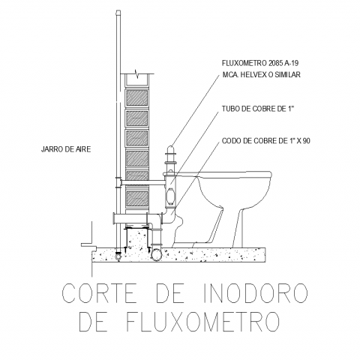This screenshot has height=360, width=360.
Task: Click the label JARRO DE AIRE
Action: pos(66,149)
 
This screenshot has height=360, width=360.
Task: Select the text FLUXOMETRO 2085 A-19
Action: pos(260,63)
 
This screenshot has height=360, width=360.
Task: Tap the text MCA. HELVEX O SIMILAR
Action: pos(261,74)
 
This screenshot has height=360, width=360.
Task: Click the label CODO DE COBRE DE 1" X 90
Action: pos(266,141)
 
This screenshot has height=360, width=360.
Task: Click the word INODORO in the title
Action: pos(254,293)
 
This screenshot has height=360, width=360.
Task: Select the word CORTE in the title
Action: pos(99,293)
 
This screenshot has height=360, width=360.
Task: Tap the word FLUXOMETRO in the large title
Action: pos(202,321)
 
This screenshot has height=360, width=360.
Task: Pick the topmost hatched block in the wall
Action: pos(137,97)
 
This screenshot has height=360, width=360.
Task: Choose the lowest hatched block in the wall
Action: pos(137,199)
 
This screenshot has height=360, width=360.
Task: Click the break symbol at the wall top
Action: pos(136,74)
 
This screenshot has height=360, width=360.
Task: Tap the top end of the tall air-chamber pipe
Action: pos(118,12)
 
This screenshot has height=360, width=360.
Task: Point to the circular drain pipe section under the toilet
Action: pos(156,255)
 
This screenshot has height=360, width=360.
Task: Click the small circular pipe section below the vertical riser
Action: pos(118,256)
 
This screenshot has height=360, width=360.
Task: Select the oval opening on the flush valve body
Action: pos(171,196)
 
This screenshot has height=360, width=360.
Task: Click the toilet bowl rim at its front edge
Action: pos(269,175)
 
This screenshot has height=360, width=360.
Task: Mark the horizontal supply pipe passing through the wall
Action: pos(142,183)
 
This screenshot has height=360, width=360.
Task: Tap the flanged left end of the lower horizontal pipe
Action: pos(115,218)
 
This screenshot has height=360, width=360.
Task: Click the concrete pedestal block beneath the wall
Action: pos(137,238)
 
